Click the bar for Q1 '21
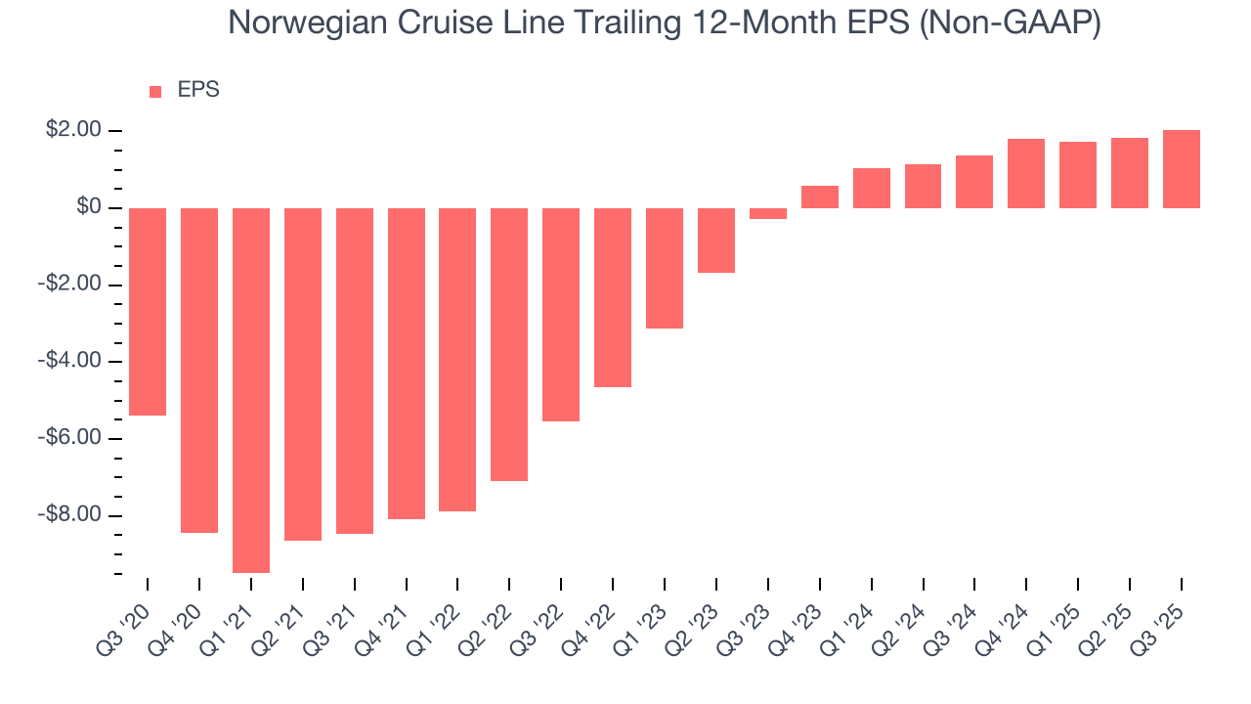tap(251, 390)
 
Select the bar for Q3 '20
tap(148, 312)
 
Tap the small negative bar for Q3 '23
tap(768, 213)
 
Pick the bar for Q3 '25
tap(1181, 169)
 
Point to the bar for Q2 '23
tap(716, 241)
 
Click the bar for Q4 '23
tap(820, 197)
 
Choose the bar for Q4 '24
tap(1026, 174)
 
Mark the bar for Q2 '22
tap(509, 344)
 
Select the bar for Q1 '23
tap(665, 268)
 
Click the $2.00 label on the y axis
tap(73, 130)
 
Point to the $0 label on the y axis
tap(89, 207)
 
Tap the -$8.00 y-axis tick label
tap(70, 515)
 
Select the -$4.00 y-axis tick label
tap(70, 361)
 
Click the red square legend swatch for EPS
tap(155, 92)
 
